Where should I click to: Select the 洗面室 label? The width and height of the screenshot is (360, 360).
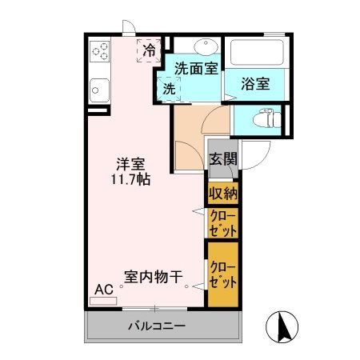tap(196, 69)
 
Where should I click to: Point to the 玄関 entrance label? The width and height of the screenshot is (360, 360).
tap(223, 158)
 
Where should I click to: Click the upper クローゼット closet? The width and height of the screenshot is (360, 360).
tap(223, 222)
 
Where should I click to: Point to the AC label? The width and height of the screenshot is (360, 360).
tap(104, 290)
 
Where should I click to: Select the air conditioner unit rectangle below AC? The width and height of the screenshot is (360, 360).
tap(104, 302)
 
